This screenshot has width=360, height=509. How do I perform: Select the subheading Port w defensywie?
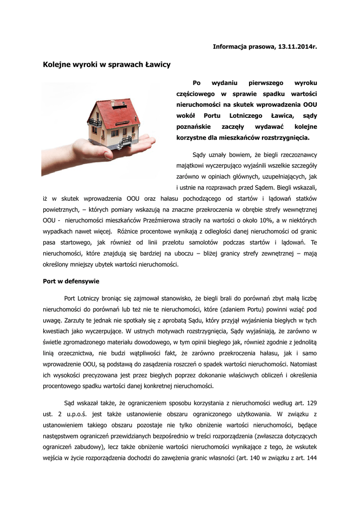point(71,281)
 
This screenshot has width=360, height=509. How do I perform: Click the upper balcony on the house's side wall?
point(95,122)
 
